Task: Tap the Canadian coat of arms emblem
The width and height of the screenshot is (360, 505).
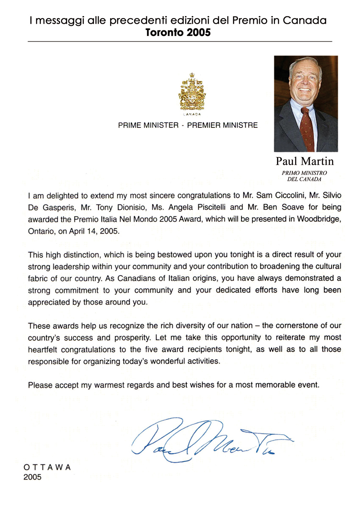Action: coord(189,91)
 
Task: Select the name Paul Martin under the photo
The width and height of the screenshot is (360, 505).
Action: coord(305,161)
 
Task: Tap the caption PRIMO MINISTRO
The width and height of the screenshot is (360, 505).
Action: coord(304,173)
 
